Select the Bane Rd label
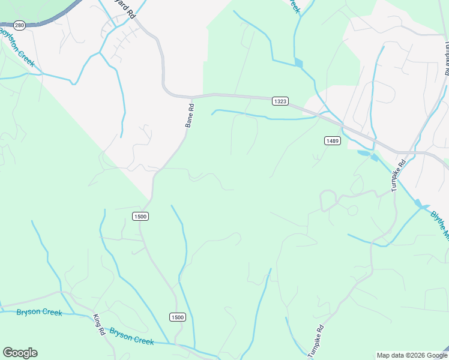(189, 116)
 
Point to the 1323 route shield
(280, 101)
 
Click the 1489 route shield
(333, 140)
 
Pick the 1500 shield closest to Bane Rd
(140, 216)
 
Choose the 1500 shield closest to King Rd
(177, 317)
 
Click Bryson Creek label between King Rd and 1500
(131, 336)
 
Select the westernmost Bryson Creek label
(39, 312)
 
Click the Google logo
(20, 353)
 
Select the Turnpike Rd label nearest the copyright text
(316, 341)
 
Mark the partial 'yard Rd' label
(123, 11)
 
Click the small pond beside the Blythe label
(421, 205)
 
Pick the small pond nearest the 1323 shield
(299, 62)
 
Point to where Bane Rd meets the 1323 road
(192, 96)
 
